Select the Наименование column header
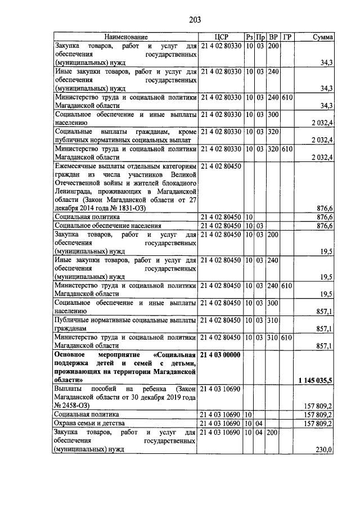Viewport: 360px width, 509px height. [x=125, y=37]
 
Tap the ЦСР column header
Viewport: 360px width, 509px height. [x=220, y=37]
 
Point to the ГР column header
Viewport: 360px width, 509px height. [x=287, y=37]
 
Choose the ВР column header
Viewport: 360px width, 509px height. [x=273, y=37]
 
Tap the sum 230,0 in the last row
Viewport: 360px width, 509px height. [x=323, y=449]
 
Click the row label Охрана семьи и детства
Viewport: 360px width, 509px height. [x=93, y=423]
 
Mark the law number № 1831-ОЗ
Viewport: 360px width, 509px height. [x=127, y=208]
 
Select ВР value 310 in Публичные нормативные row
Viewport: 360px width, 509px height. [x=273, y=321]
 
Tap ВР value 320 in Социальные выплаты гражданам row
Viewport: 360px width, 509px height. [x=273, y=131]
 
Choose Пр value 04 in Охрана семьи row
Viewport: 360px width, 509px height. [x=260, y=423]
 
